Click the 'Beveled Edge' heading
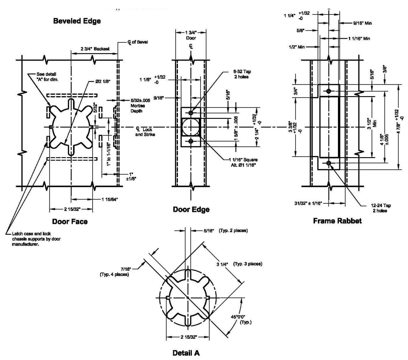point(74,20)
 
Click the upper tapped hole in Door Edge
point(191,113)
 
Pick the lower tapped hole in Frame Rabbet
point(328,163)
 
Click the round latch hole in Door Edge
point(191,127)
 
